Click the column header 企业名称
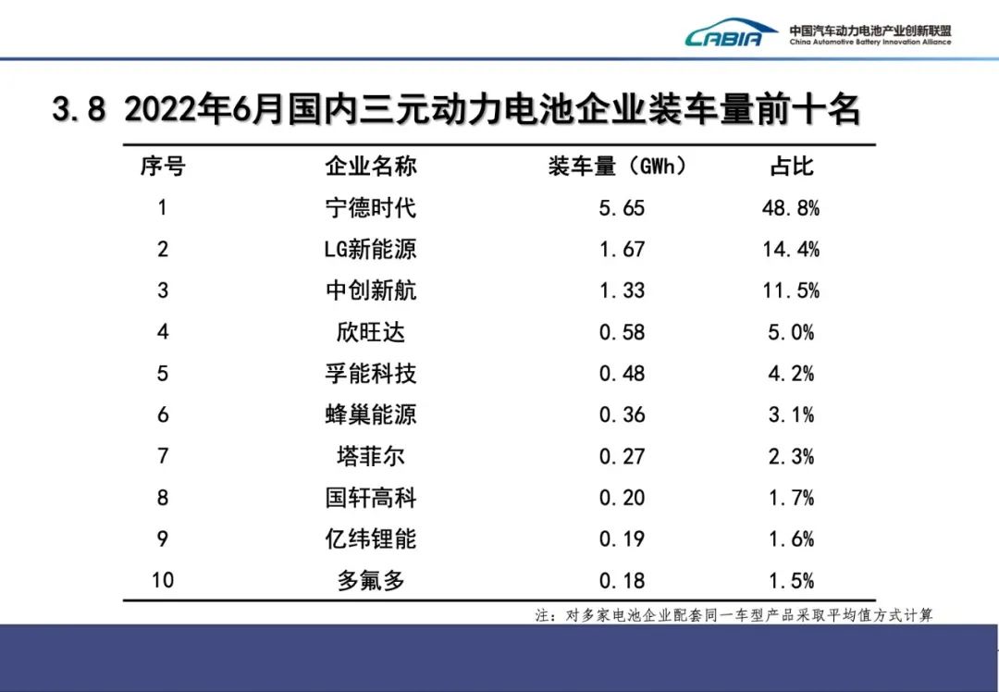[370, 167]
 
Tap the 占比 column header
[791, 167]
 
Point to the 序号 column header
[163, 167]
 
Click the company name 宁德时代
[370, 207]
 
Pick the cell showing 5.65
[622, 207]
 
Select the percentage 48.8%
[791, 207]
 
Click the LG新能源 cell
[370, 249]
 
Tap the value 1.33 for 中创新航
[622, 290]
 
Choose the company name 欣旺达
[370, 332]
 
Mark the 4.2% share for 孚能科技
[791, 374]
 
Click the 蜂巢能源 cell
[370, 414]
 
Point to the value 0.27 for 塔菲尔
[622, 456]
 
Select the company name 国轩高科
[370, 498]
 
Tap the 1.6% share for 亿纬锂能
[791, 539]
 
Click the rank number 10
[163, 581]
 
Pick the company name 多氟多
[370, 581]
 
